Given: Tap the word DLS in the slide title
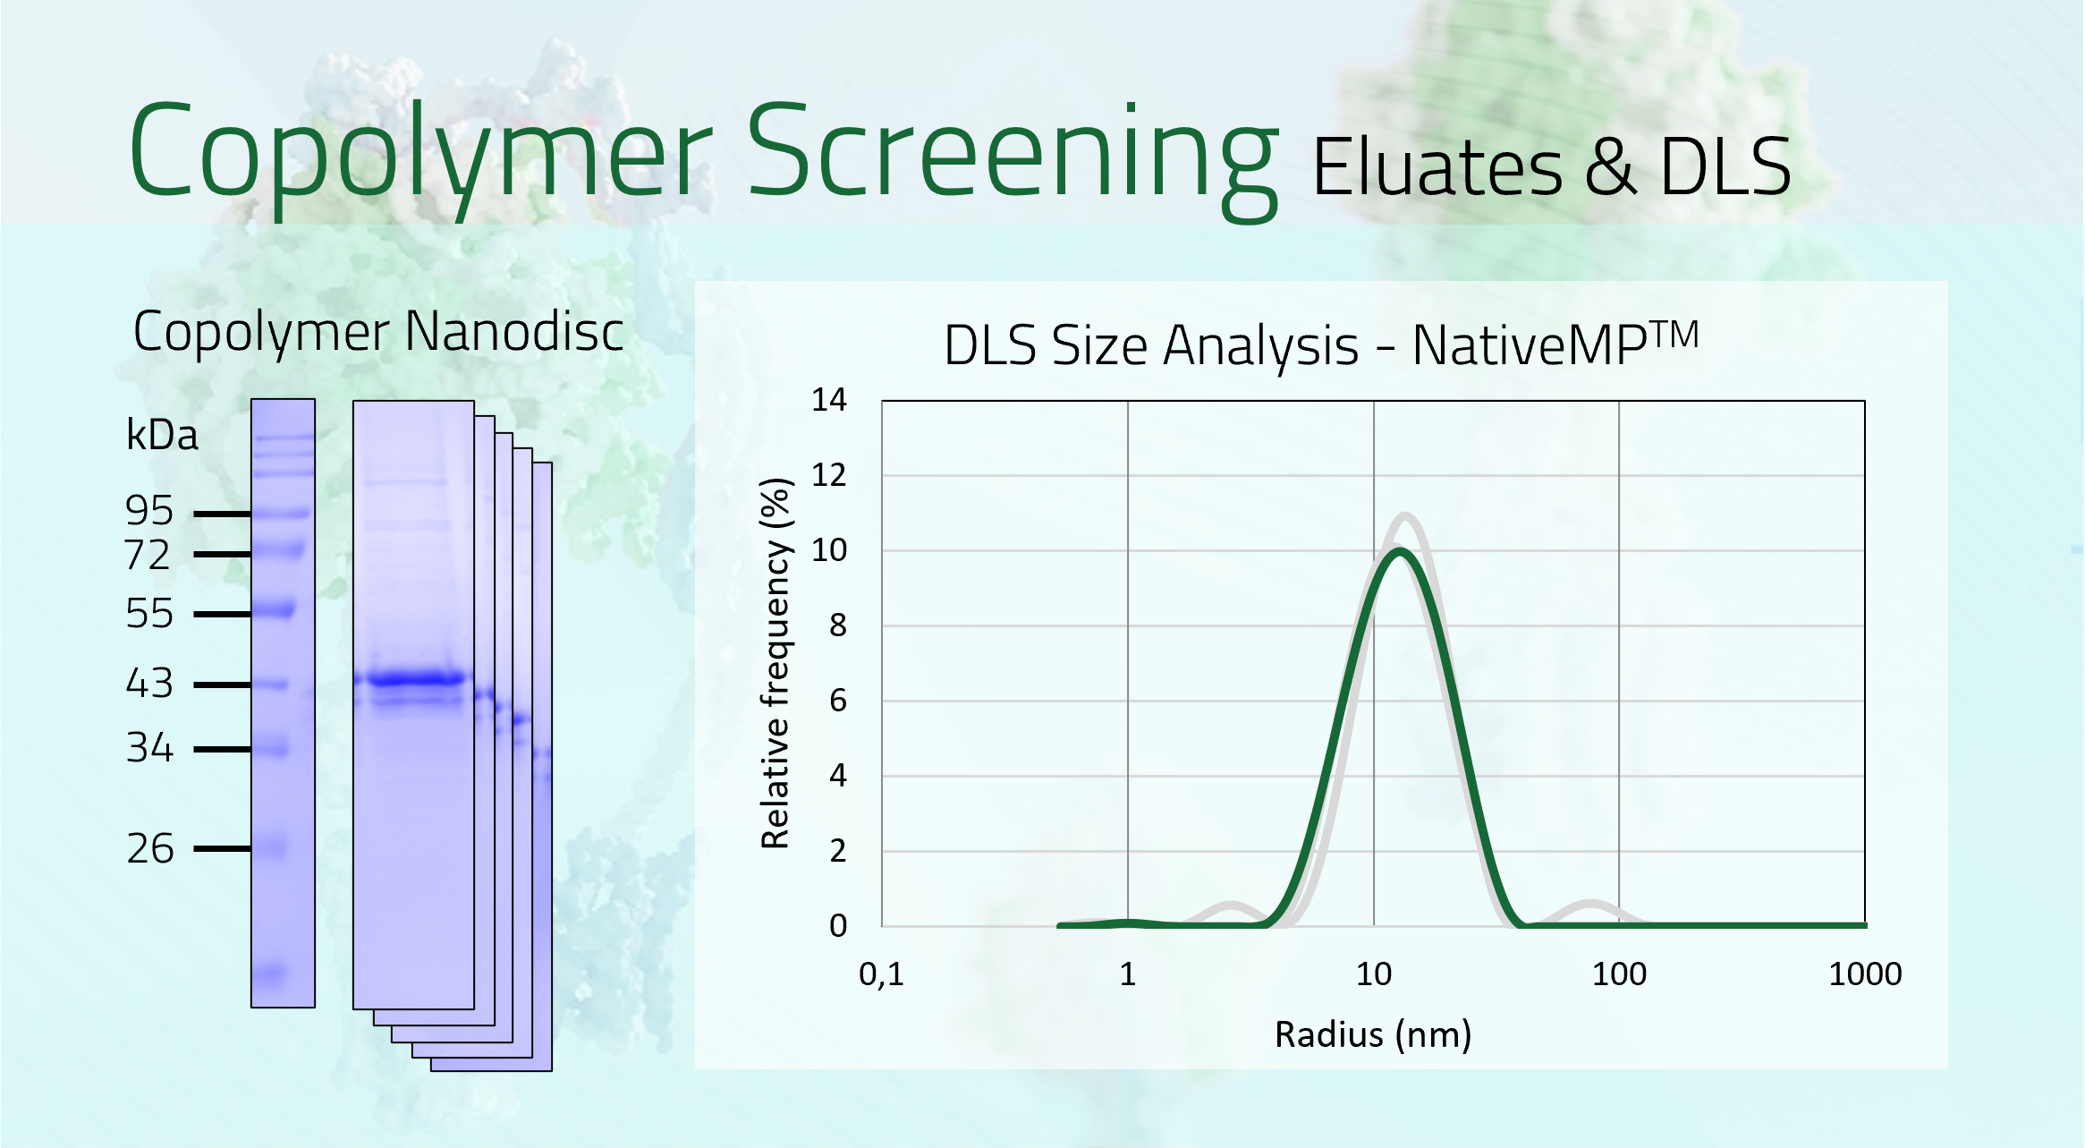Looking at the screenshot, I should pyautogui.click(x=1725, y=167).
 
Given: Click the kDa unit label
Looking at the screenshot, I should pyautogui.click(x=162, y=436).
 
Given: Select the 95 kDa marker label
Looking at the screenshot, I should pyautogui.click(x=148, y=511).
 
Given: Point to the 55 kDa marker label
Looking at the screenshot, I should pyautogui.click(x=148, y=614).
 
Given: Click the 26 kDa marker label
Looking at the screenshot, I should pyautogui.click(x=149, y=848).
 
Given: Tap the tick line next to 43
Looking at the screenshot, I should pyautogui.click(x=222, y=685).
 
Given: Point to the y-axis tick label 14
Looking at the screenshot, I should pyautogui.click(x=828, y=400).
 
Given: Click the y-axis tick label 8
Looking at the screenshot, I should pyautogui.click(x=837, y=625).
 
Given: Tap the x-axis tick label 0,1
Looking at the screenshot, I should pyautogui.click(x=881, y=974).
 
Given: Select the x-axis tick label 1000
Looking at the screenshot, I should pyautogui.click(x=1864, y=974).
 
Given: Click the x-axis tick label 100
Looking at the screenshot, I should pyautogui.click(x=1618, y=974).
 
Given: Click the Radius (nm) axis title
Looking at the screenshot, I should pyautogui.click(x=1372, y=1034).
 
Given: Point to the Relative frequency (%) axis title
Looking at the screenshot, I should pyautogui.click(x=775, y=663).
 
